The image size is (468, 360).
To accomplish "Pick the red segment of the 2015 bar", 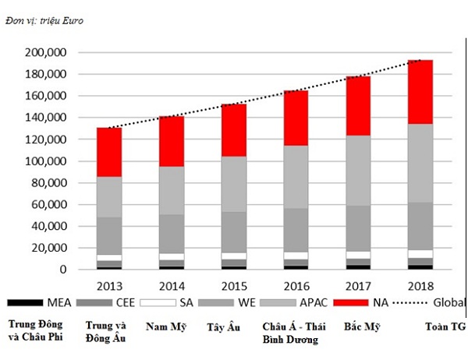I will tap(235, 130).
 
